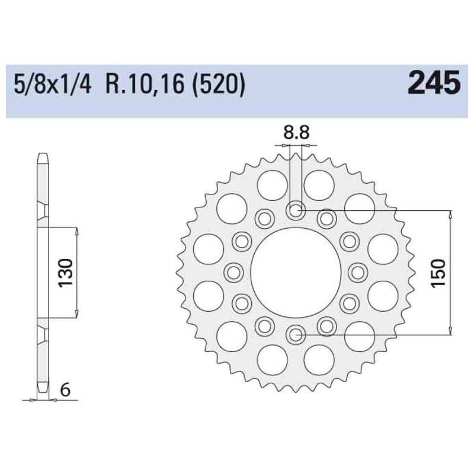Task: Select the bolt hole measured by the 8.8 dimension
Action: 295,210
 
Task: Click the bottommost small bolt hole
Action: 295,335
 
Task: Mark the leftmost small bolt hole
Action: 233,272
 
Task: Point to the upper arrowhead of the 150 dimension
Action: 452,214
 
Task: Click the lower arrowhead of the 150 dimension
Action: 452,331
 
